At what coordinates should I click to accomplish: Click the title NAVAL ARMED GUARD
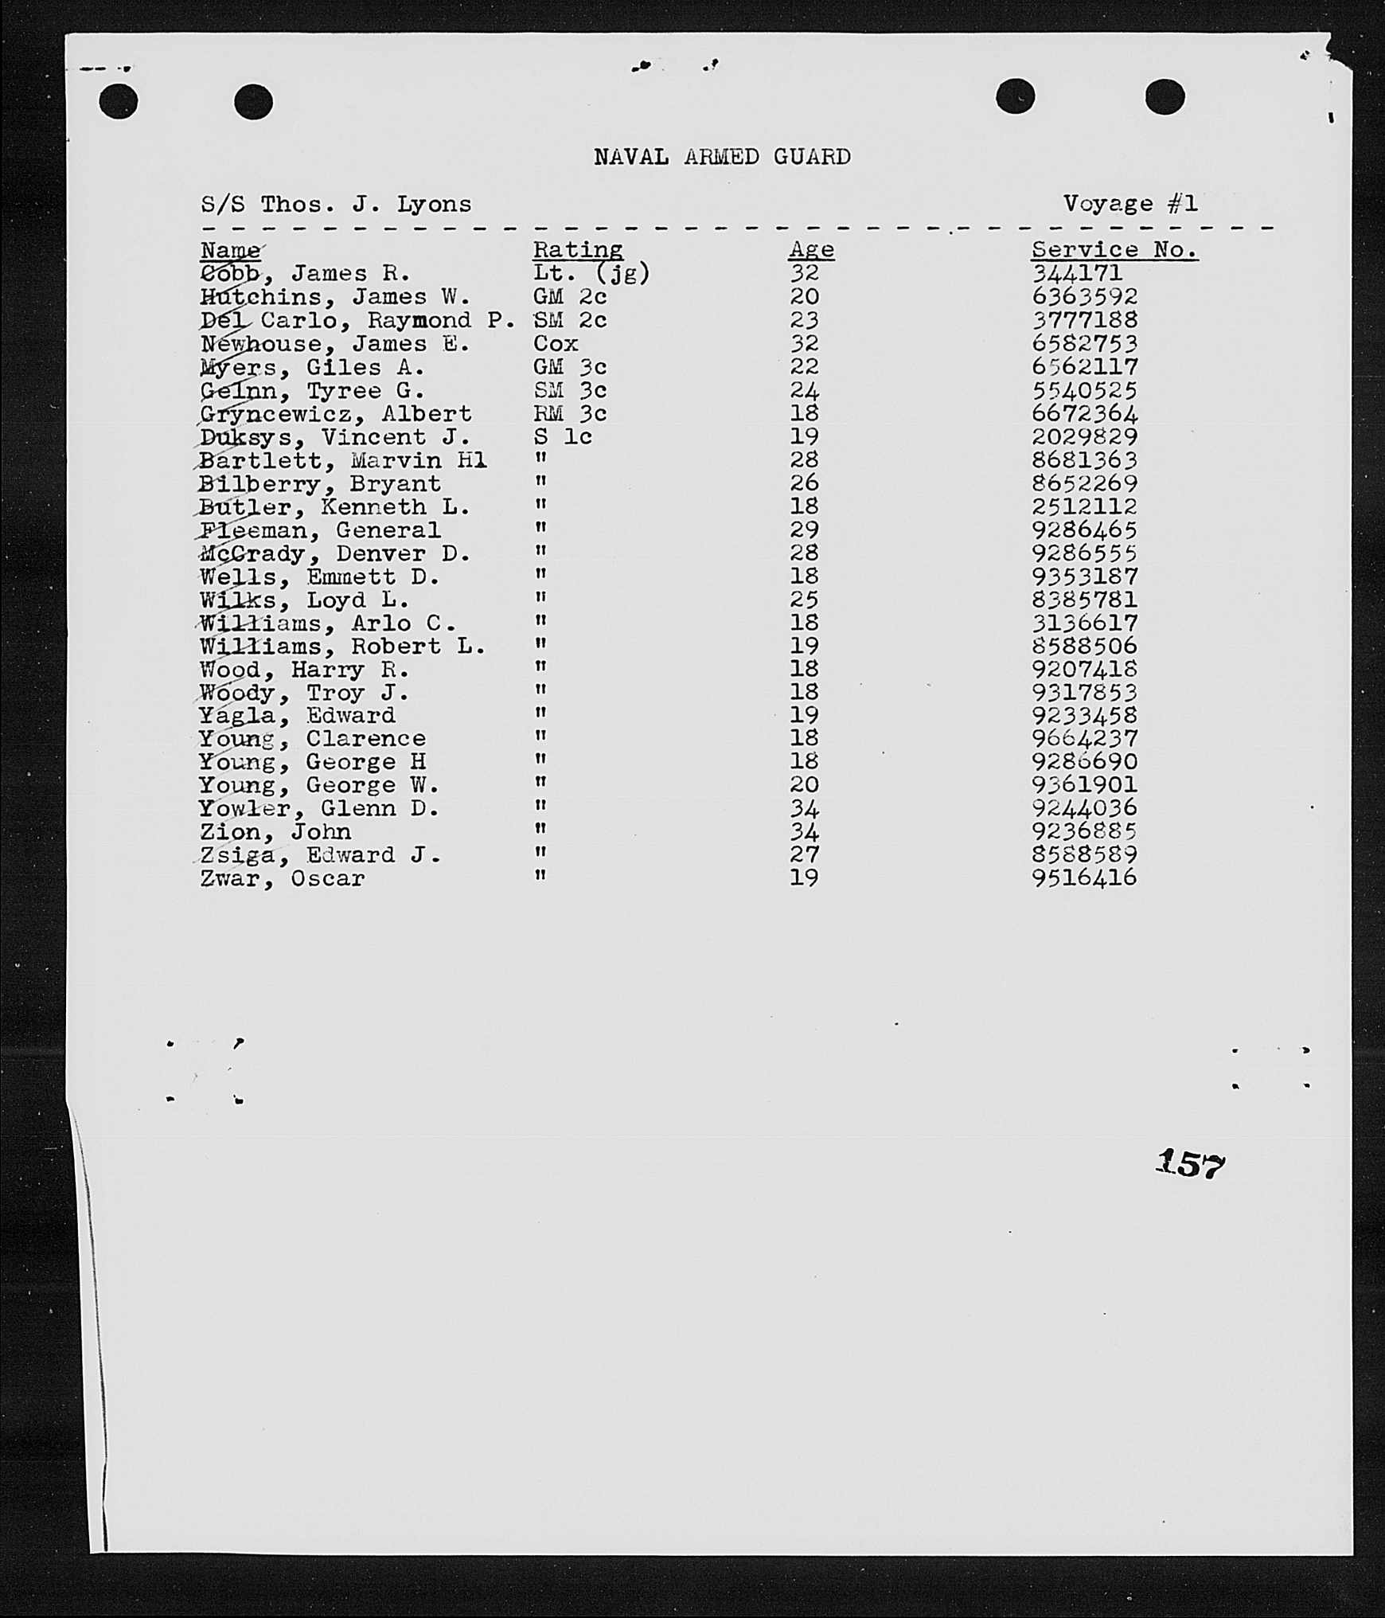[722, 157]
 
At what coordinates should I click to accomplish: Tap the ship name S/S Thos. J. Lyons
[335, 205]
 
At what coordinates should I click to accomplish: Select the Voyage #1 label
[1130, 204]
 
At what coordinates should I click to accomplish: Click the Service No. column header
[1114, 250]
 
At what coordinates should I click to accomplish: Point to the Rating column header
[577, 250]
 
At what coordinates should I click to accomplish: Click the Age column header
[811, 250]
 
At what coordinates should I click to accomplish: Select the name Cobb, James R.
[305, 274]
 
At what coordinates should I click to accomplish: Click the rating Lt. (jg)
[591, 274]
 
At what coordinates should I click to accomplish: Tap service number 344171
[1076, 274]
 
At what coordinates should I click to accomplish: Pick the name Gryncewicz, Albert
[335, 414]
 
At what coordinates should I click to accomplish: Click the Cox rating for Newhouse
[555, 344]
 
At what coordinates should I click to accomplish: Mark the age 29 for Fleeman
[804, 530]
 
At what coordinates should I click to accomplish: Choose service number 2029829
[1084, 437]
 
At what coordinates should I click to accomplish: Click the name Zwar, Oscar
[282, 879]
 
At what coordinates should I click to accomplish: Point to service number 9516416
[1084, 878]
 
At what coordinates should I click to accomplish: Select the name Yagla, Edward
[297, 716]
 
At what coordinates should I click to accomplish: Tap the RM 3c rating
[569, 414]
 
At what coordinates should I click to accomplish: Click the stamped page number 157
[1190, 1164]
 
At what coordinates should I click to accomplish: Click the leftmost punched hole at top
[119, 102]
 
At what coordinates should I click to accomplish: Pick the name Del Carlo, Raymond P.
[357, 321]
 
